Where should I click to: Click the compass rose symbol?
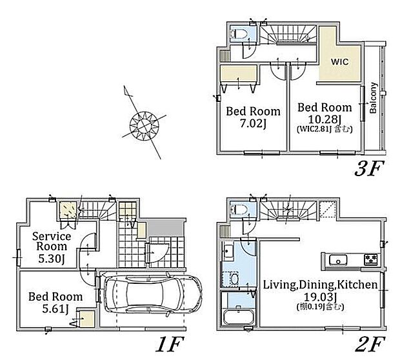pyautogui.click(x=145, y=125)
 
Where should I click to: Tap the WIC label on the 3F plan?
pyautogui.click(x=340, y=62)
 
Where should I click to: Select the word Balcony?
pyautogui.click(x=373, y=97)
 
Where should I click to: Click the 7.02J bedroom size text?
pyautogui.click(x=254, y=124)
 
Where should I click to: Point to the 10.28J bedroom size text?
pyautogui.click(x=325, y=119)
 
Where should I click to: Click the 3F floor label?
pyautogui.click(x=369, y=168)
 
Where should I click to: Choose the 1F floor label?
pyautogui.click(x=170, y=344)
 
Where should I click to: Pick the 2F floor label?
pyautogui.click(x=370, y=344)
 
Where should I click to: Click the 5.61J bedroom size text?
pyautogui.click(x=55, y=309)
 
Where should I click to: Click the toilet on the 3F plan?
pyautogui.click(x=239, y=34)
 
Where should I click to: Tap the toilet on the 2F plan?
pyautogui.click(x=239, y=210)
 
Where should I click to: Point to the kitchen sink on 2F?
pyautogui.click(x=338, y=261)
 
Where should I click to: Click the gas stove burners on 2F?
pyautogui.click(x=371, y=259)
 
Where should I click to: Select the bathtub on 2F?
pyautogui.click(x=238, y=315)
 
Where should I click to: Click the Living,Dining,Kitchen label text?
pyautogui.click(x=320, y=285)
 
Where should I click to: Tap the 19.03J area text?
pyautogui.click(x=319, y=297)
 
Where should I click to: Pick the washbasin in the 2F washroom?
pyautogui.click(x=228, y=251)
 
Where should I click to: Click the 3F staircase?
pyautogui.click(x=288, y=34)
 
